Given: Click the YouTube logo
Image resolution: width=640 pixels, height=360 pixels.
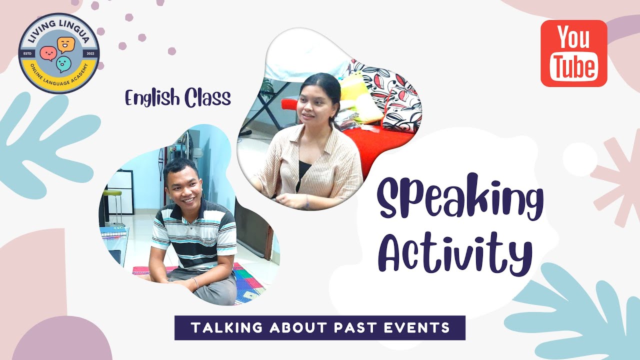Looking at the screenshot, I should pos(573,53).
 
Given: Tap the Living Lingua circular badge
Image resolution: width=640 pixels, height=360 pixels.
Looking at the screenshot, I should pos(58,54).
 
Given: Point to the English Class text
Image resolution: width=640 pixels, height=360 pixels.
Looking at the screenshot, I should pos(177,98).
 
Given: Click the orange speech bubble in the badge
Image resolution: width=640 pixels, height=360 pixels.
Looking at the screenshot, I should pos(66,45).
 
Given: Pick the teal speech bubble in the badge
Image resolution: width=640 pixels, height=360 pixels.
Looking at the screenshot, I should pos(63,63).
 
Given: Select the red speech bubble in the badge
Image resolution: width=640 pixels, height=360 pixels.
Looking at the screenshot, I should pos(48,53).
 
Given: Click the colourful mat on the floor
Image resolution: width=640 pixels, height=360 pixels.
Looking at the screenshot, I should pos(247,282).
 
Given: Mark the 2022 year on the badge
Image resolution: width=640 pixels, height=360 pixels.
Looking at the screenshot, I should pos(90,53).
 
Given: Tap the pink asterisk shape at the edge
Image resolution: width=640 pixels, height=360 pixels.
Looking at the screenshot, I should pos(617,177).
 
